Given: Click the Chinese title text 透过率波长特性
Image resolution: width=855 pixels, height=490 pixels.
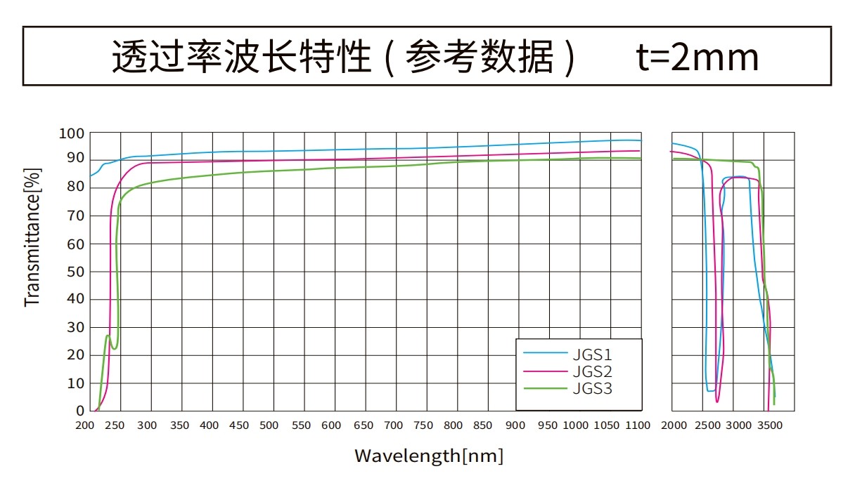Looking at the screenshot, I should [x=241, y=58].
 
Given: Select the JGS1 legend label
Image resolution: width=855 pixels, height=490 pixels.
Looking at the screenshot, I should [x=591, y=354].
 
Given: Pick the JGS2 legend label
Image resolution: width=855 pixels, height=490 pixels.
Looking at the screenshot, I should [x=591, y=371].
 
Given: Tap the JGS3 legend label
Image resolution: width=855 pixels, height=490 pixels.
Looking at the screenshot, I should [x=591, y=388].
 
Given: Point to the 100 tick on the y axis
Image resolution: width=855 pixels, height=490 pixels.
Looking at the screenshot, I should [x=72, y=133].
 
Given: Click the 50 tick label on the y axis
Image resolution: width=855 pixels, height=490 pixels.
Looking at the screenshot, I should [x=76, y=272].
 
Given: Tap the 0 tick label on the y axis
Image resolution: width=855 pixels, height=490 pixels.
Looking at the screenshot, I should [x=80, y=411].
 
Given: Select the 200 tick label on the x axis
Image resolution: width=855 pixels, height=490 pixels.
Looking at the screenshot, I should [x=84, y=425].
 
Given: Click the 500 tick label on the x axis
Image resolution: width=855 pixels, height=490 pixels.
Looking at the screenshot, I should [x=269, y=425].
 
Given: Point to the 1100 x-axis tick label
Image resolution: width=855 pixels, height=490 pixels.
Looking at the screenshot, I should [x=638, y=425].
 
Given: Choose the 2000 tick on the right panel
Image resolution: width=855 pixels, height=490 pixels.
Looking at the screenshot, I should [x=674, y=425].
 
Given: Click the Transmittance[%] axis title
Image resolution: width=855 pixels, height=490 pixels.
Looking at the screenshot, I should [x=32, y=237].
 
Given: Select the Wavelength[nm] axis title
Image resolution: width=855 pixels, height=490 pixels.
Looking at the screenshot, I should [x=428, y=456].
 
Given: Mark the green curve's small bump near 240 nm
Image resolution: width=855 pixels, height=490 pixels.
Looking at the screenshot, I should [x=108, y=336].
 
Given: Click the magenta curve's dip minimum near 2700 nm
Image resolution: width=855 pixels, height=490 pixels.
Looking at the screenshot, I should [x=717, y=401].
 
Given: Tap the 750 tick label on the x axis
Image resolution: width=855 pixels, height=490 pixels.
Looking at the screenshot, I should [x=423, y=425].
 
